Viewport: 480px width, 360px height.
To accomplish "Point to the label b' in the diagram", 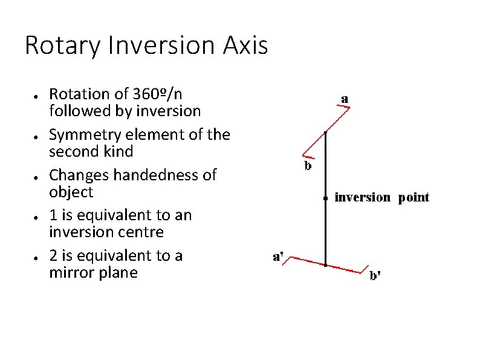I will [x=375, y=276].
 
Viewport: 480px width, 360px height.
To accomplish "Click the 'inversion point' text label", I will [x=381, y=197].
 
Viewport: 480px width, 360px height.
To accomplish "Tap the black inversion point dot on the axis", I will [x=325, y=198].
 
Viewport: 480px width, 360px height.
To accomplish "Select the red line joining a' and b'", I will [x=326, y=264].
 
